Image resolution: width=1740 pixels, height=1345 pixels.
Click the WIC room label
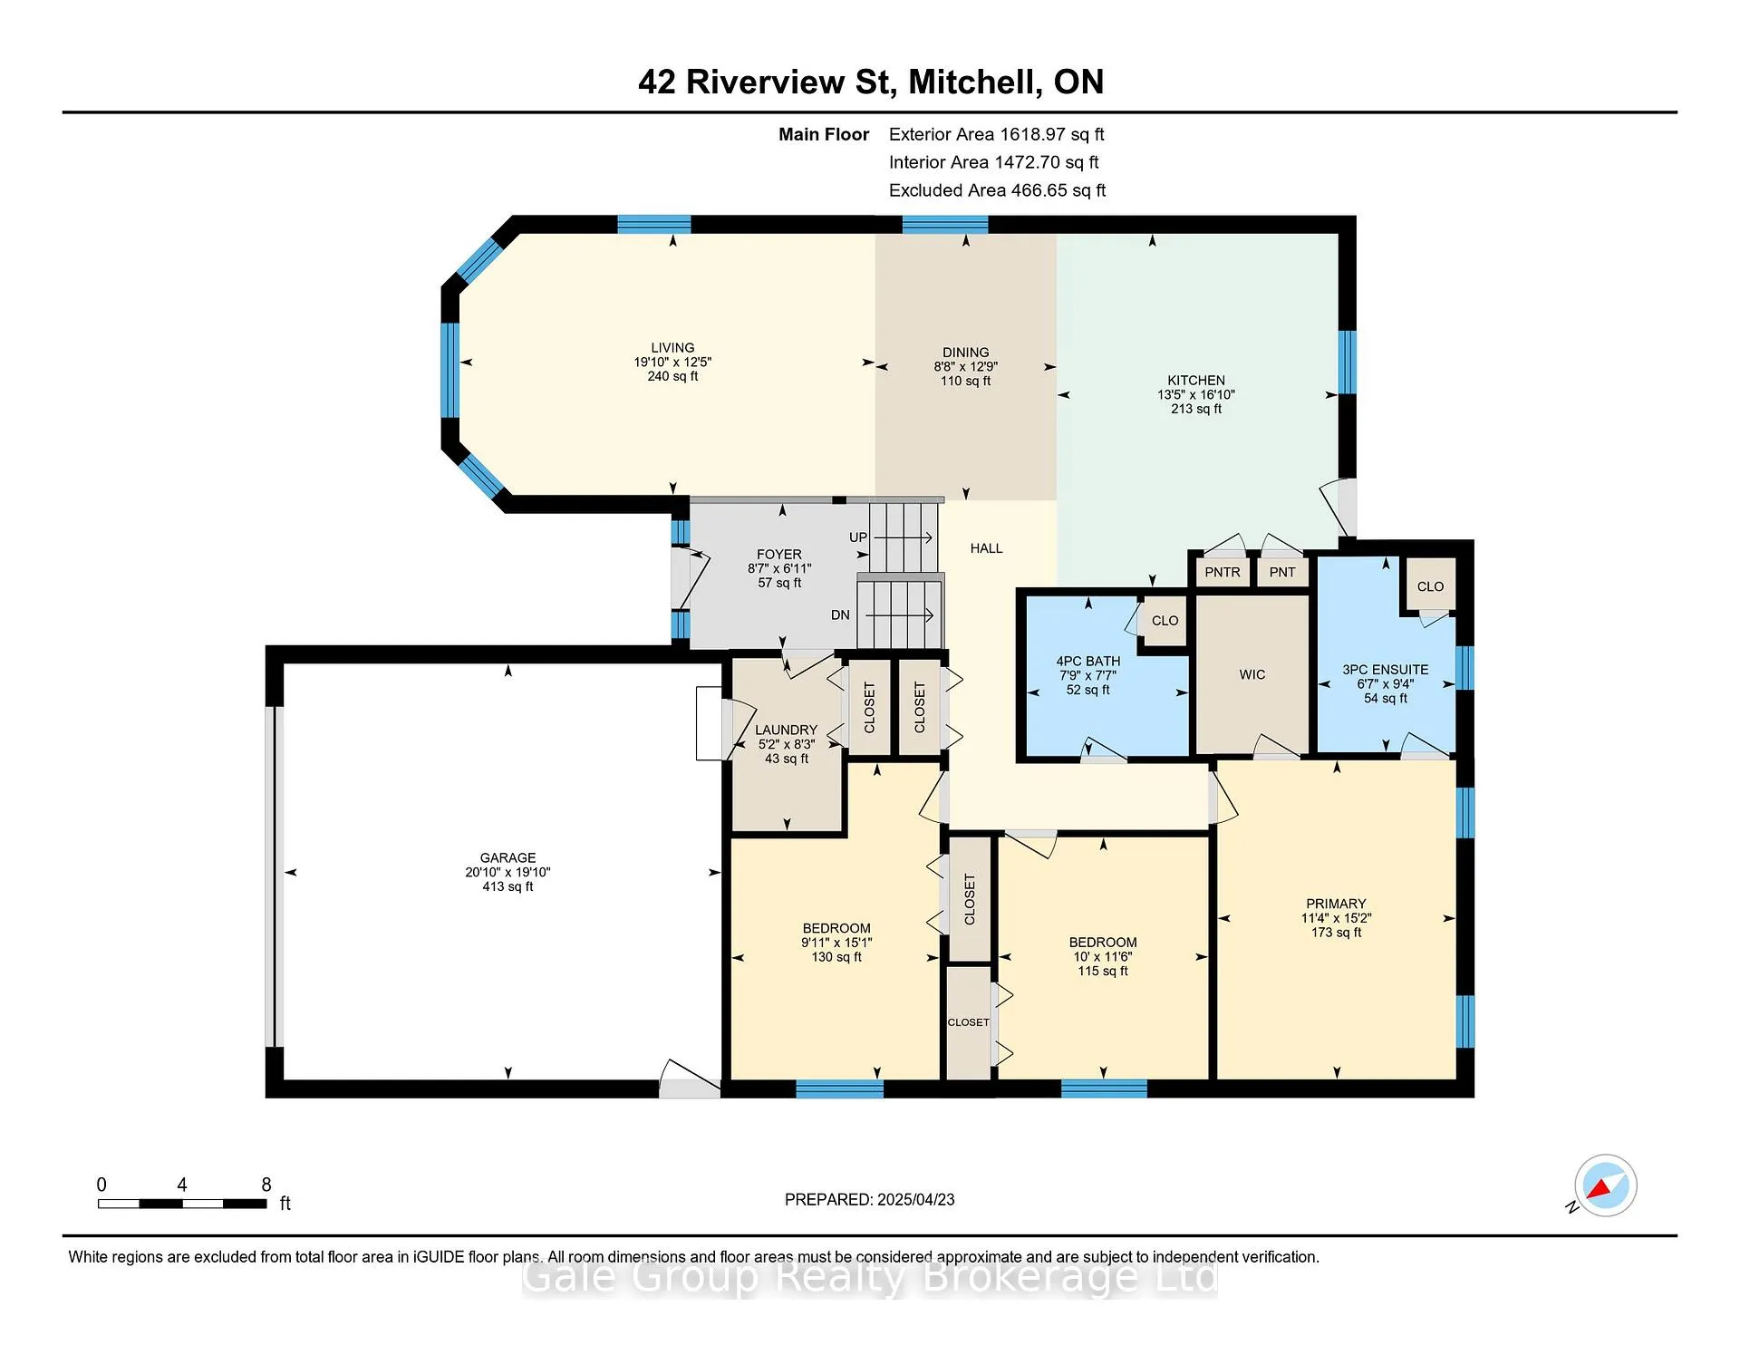[1252, 674]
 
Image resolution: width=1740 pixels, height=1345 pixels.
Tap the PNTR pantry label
[1223, 572]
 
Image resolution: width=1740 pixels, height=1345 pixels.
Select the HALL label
[986, 548]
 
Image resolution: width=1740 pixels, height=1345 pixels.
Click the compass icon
[1605, 1185]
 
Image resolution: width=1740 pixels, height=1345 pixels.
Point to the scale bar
[182, 1204]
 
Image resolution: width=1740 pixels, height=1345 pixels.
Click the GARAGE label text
[507, 857]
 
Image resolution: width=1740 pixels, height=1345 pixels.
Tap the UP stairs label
[858, 537]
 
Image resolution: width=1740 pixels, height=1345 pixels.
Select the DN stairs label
[840, 614]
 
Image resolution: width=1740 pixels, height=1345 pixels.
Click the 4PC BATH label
[1087, 662]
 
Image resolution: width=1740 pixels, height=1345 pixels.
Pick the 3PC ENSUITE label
[1385, 670]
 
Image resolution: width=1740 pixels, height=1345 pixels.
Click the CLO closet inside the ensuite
[1430, 586]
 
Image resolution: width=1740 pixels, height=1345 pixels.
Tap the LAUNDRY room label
[786, 730]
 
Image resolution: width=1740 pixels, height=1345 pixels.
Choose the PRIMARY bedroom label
[1336, 904]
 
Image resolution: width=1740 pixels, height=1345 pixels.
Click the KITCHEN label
[1195, 381]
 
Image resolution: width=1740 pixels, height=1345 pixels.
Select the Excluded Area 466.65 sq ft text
[997, 190]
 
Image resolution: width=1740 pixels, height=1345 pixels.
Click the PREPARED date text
[869, 1199]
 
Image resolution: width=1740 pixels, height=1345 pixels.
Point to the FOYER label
[779, 555]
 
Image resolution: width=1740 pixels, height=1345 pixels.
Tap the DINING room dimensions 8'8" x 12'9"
[965, 367]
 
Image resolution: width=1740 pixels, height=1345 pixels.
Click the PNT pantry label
[1282, 572]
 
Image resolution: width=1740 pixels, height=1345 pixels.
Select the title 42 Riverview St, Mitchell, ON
[871, 82]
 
